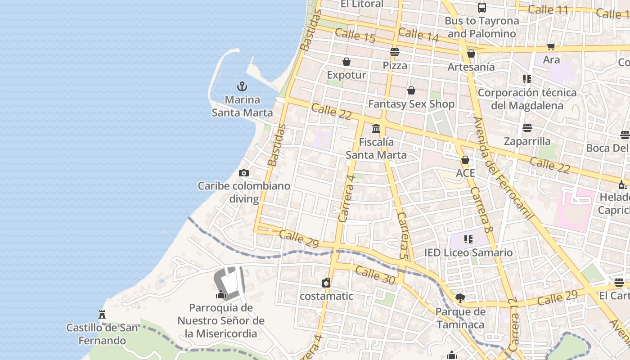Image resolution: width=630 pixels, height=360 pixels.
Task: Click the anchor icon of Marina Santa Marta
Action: pyautogui.click(x=243, y=86)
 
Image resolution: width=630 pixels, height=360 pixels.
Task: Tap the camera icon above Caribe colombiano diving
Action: pyautogui.click(x=243, y=173)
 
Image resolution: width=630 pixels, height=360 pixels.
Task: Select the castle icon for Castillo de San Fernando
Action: pyautogui.click(x=102, y=314)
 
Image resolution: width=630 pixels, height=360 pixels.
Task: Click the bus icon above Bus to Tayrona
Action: pyautogui.click(x=481, y=7)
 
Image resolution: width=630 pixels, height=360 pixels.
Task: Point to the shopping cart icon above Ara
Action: pyautogui.click(x=551, y=46)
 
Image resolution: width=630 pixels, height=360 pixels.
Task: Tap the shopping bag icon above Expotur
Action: pyautogui.click(x=346, y=62)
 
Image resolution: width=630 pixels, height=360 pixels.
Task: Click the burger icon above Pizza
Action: pyautogui.click(x=395, y=52)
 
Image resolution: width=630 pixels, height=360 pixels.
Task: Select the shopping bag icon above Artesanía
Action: pyautogui.click(x=471, y=54)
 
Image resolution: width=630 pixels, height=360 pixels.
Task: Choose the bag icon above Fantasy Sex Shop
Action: pyautogui.click(x=411, y=90)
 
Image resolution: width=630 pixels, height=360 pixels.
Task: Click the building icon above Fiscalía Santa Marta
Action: pyautogui.click(x=376, y=129)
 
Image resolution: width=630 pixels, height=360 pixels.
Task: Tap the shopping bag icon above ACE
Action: pyautogui.click(x=465, y=160)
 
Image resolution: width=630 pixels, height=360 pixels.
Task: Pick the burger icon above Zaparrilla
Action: pyautogui.click(x=527, y=128)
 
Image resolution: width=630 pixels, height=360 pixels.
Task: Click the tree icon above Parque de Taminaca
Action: pyautogui.click(x=460, y=298)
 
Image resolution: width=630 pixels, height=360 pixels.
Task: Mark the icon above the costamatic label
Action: pyautogui.click(x=326, y=283)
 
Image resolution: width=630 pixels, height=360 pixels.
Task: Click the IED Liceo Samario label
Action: pyautogui.click(x=468, y=252)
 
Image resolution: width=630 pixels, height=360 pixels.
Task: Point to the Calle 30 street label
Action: pyautogui.click(x=374, y=275)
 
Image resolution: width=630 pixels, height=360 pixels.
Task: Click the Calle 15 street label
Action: pyautogui.click(x=355, y=35)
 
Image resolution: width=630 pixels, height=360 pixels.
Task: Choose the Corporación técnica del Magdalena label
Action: pyautogui.click(x=527, y=99)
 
